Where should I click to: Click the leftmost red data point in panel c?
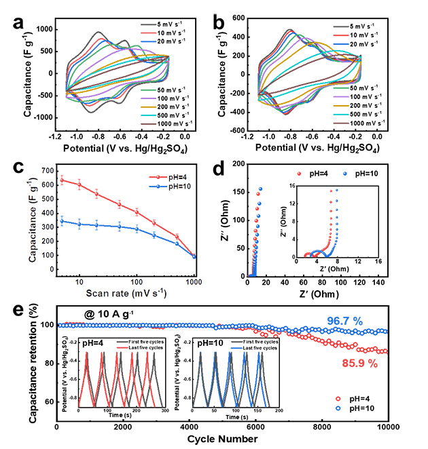63,180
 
